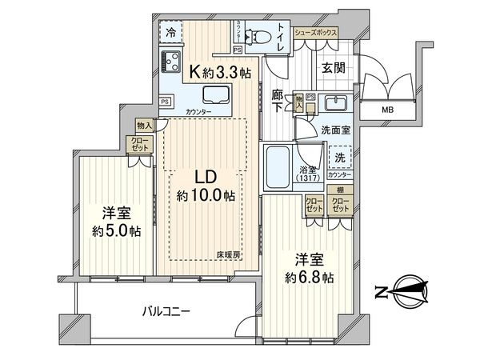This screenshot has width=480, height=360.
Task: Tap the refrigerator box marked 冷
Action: [x=170, y=33]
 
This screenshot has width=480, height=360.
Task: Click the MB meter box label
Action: [x=386, y=110]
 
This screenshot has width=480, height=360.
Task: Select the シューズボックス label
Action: [x=314, y=33]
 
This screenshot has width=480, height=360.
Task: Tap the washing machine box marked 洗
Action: [x=340, y=158]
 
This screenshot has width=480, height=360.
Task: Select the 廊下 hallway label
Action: [x=276, y=99]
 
